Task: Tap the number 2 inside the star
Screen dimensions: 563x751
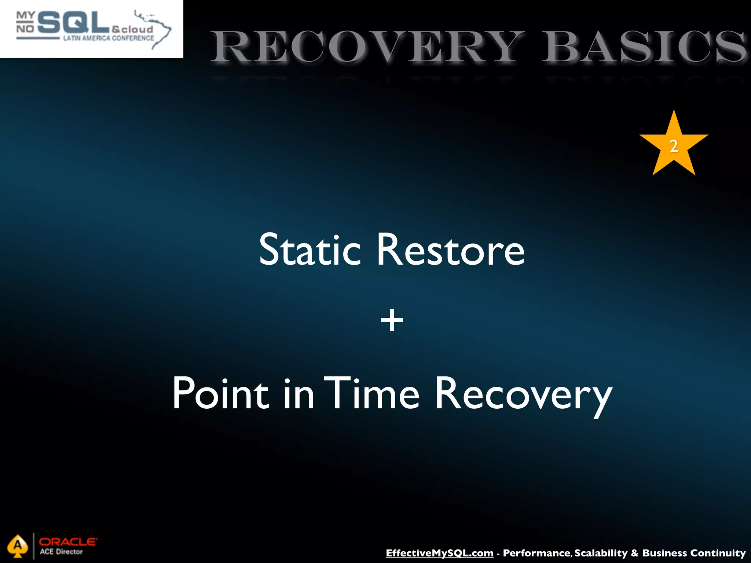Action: tap(674, 146)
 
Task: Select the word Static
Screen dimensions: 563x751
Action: tap(310, 250)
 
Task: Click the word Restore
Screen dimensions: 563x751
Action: tap(451, 250)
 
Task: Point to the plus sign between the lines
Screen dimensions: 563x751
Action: tap(392, 320)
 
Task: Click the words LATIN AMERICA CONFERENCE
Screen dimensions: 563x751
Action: tap(109, 38)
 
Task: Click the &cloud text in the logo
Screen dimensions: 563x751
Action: tap(132, 29)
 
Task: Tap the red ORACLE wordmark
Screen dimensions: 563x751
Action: tap(68, 542)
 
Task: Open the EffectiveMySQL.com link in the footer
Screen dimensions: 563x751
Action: tap(439, 553)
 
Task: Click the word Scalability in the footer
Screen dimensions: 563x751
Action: tap(601, 553)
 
